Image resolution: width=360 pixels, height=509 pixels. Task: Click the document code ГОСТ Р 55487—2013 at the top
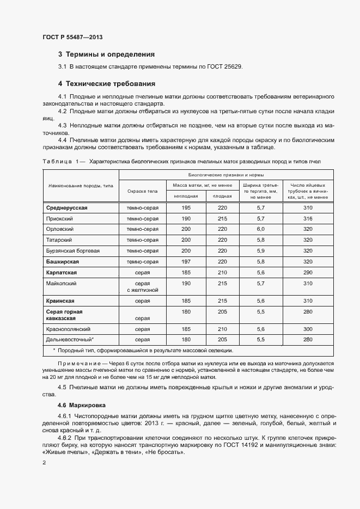click(x=72, y=37)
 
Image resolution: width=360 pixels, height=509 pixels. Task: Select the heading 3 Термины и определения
click(x=106, y=54)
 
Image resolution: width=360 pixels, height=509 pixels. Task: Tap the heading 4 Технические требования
click(x=107, y=84)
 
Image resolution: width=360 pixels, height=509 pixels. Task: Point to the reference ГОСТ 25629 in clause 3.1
click(x=223, y=66)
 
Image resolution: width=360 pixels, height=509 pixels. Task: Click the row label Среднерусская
click(x=67, y=208)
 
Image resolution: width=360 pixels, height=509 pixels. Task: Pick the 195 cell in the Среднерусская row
click(x=186, y=208)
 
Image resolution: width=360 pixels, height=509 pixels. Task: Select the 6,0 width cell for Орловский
click(x=260, y=229)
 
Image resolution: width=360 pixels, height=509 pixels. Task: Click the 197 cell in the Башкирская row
click(x=186, y=261)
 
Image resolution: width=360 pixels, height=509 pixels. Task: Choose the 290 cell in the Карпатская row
click(x=308, y=272)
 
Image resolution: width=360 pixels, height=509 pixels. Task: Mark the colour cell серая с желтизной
click(x=142, y=286)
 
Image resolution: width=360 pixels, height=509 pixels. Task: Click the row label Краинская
click(x=60, y=301)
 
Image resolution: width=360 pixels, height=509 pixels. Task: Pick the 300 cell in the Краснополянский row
click(x=308, y=329)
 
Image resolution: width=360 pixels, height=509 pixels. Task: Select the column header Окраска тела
click(x=142, y=191)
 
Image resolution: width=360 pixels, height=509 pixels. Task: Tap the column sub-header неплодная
click(x=186, y=196)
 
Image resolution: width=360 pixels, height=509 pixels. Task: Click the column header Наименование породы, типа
click(x=81, y=186)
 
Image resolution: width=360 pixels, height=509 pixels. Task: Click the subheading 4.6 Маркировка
click(x=82, y=406)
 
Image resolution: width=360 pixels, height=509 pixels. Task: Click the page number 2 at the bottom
click(x=44, y=463)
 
